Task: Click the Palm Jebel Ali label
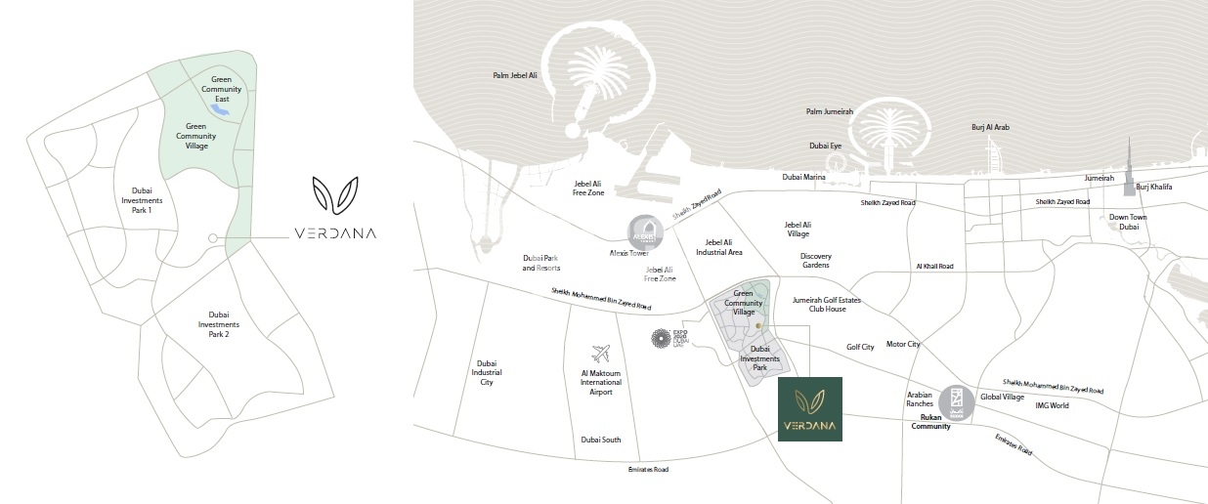pyautogui.click(x=515, y=75)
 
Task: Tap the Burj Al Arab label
pyautogui.click(x=990, y=127)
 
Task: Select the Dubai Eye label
pyautogui.click(x=826, y=146)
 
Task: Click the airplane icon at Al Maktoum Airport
pyautogui.click(x=601, y=354)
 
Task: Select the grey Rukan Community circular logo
pyautogui.click(x=956, y=401)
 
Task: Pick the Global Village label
pyautogui.click(x=1002, y=397)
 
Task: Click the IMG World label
pyautogui.click(x=1053, y=405)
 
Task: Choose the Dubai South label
pyautogui.click(x=600, y=440)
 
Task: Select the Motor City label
pyautogui.click(x=903, y=344)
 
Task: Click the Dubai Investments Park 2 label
pyautogui.click(x=219, y=324)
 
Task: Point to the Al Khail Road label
pyautogui.click(x=934, y=266)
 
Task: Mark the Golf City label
pyautogui.click(x=860, y=348)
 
